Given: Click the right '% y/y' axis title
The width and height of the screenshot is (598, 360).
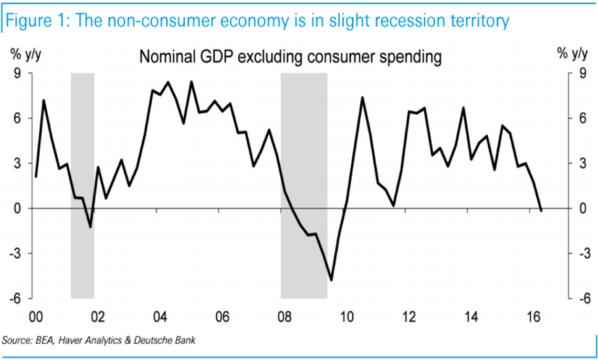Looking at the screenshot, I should [572, 55].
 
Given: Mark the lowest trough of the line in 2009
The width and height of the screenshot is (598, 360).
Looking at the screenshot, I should [332, 280].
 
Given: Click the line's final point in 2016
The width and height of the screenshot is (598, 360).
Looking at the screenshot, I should [541, 210].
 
